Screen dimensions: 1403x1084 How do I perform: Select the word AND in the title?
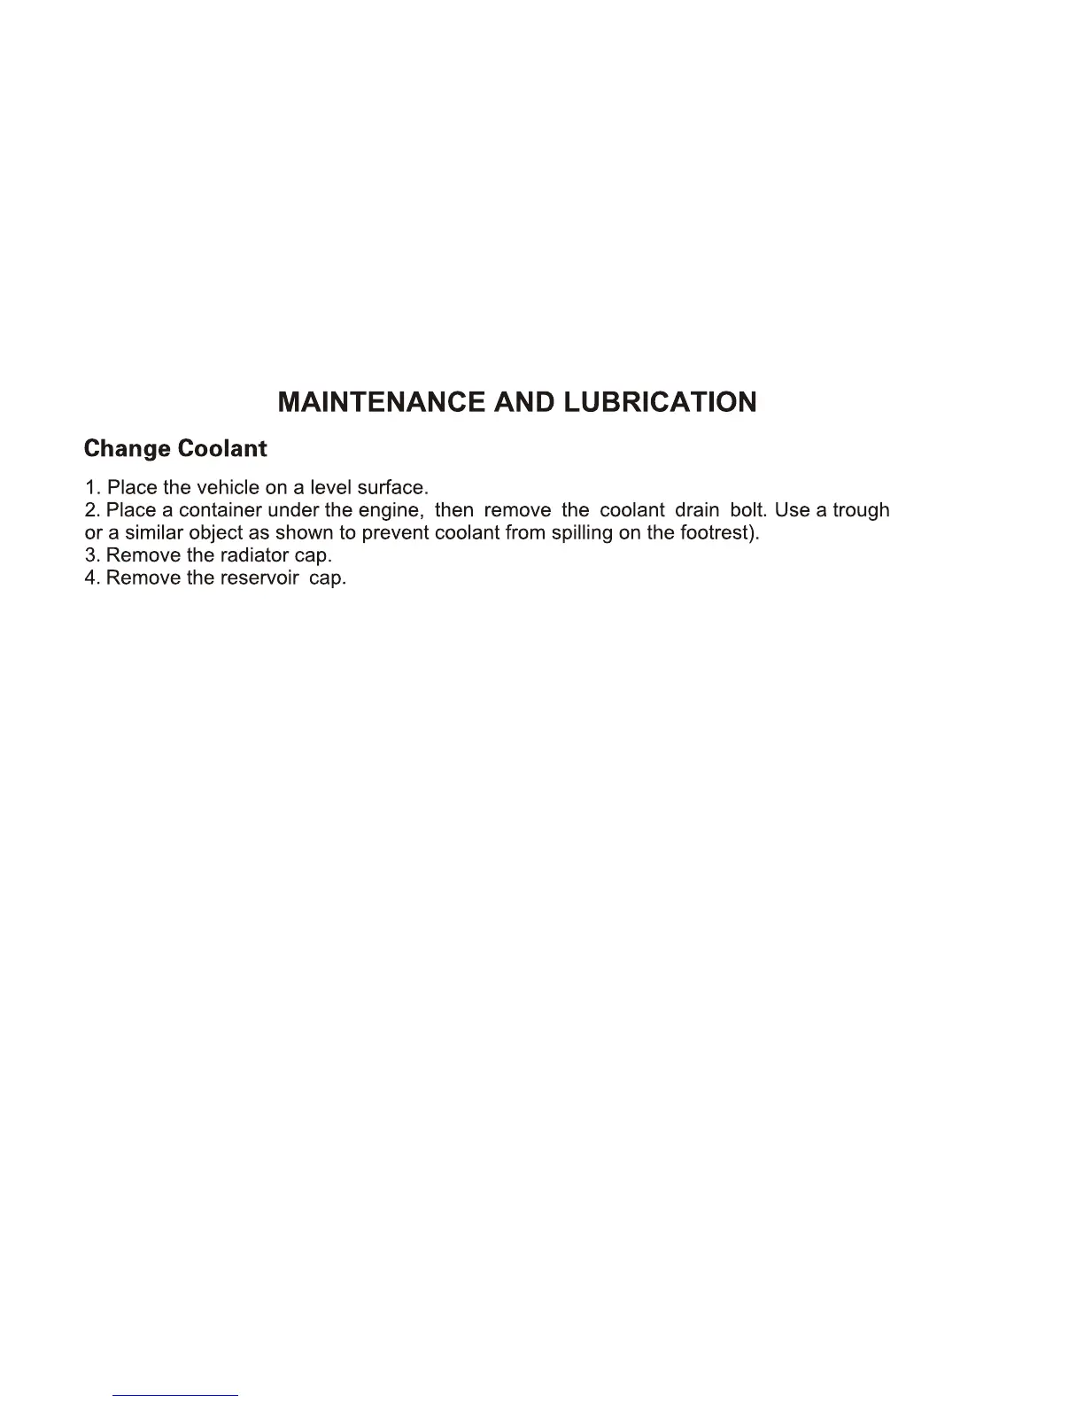pos(524,402)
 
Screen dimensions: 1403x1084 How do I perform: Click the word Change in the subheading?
pos(126,449)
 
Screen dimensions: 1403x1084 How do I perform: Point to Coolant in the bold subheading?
pos(221,448)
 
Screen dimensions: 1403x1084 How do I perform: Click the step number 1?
pos(91,488)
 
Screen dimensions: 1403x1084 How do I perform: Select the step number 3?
pos(91,556)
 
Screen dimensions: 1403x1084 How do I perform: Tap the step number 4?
pos(91,578)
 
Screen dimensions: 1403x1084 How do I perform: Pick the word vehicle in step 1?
pos(228,488)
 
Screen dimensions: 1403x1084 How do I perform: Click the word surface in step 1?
pos(391,488)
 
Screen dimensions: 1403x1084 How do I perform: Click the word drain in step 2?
pos(696,511)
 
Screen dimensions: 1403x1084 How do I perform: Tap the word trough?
pos(860,512)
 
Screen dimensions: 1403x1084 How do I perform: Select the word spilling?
pos(580,534)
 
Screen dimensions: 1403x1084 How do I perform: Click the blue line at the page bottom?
pos(175,1395)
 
